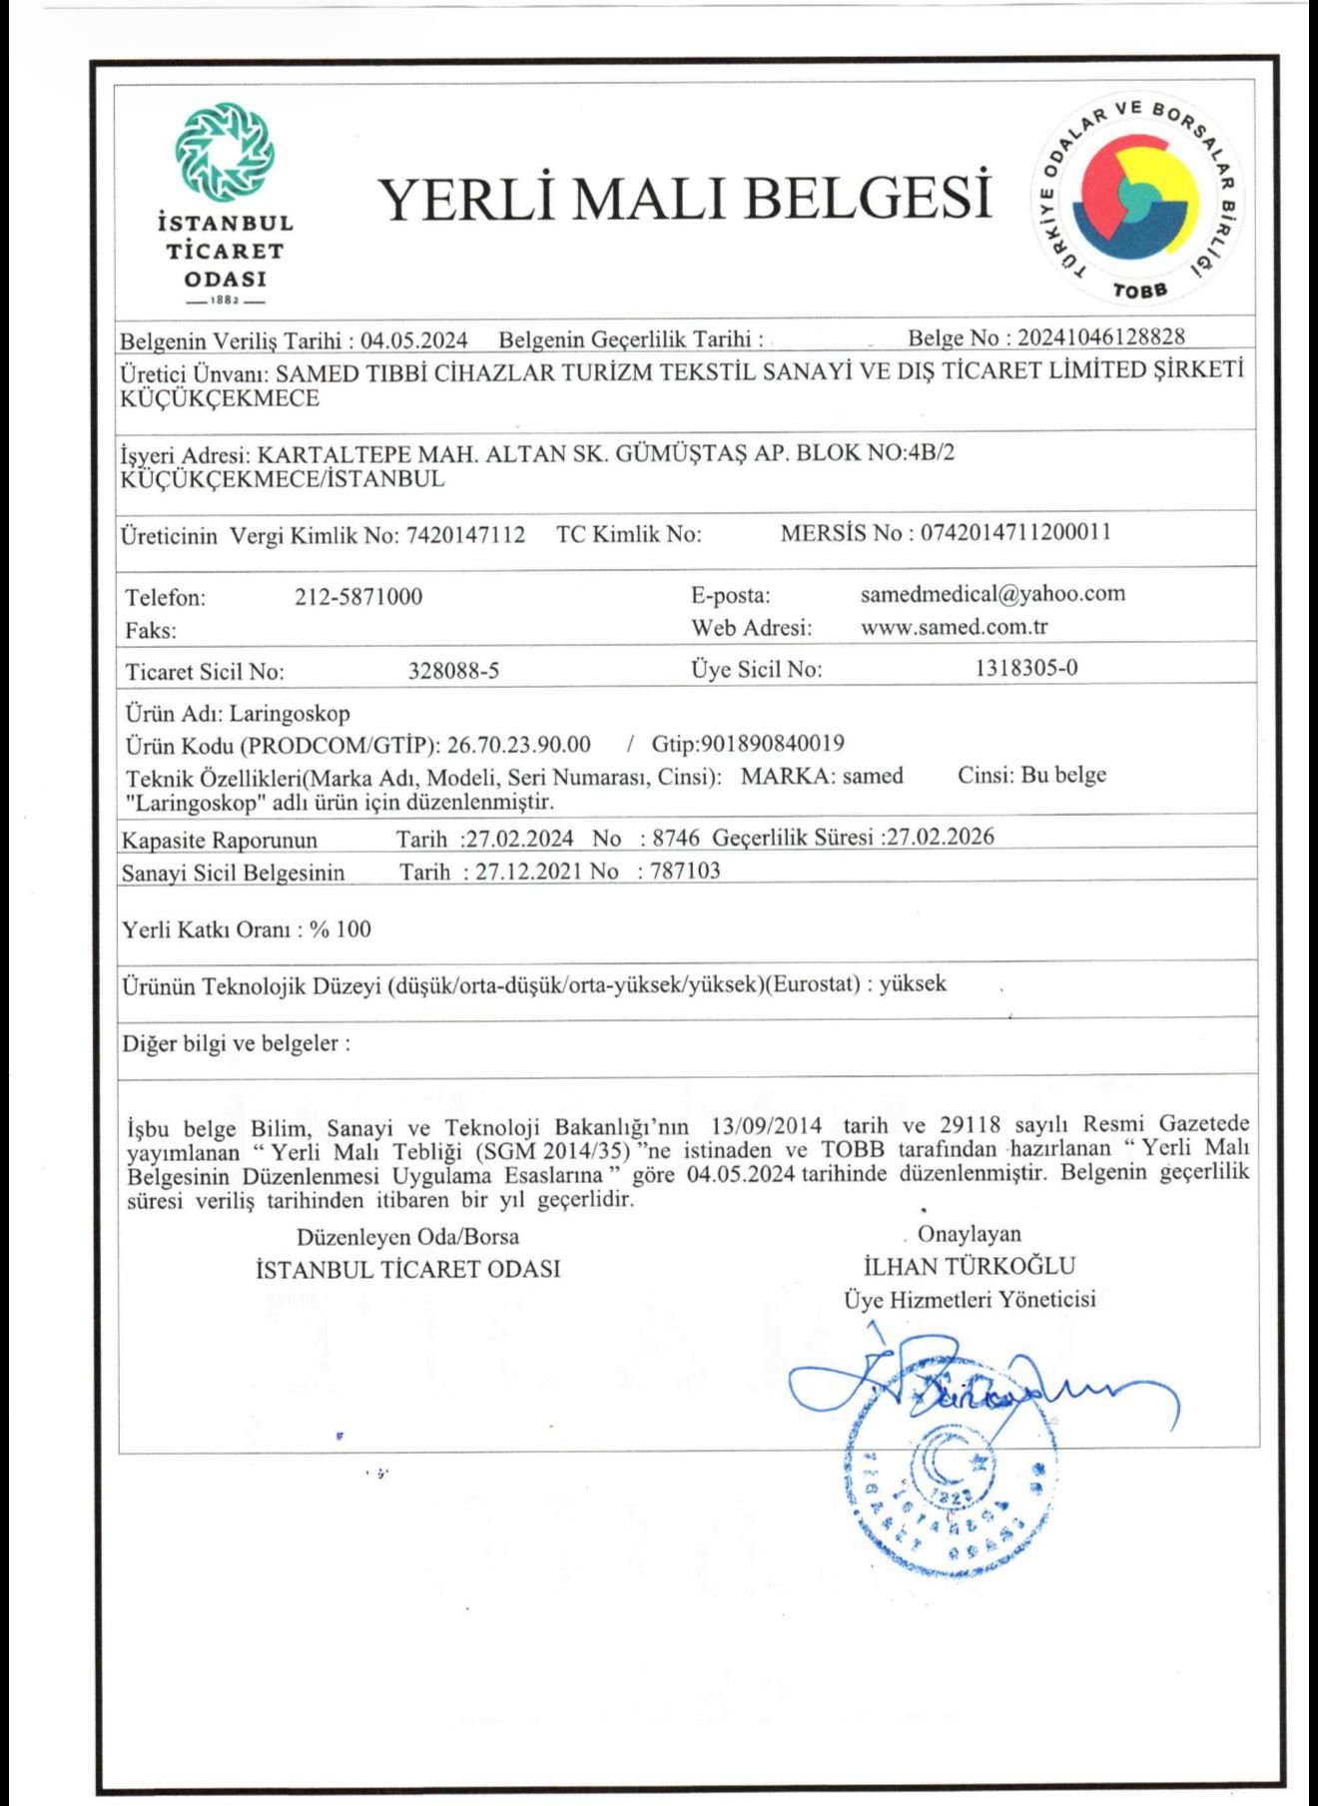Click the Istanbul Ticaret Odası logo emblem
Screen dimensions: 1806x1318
(225, 152)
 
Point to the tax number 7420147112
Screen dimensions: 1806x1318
(465, 535)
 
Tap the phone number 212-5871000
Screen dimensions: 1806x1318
(358, 597)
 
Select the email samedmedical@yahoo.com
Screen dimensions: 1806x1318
(992, 594)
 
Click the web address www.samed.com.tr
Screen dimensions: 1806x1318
(954, 627)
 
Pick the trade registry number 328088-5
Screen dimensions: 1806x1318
(453, 671)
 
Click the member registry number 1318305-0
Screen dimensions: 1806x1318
(1026, 668)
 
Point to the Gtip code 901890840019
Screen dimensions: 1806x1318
(773, 744)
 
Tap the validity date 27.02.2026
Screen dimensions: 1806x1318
(941, 837)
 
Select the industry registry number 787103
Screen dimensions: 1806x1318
(685, 871)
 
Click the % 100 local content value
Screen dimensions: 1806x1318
(340, 929)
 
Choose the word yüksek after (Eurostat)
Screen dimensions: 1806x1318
(913, 983)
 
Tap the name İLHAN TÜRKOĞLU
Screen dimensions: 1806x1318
(970, 1266)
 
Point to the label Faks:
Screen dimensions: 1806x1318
(151, 631)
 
